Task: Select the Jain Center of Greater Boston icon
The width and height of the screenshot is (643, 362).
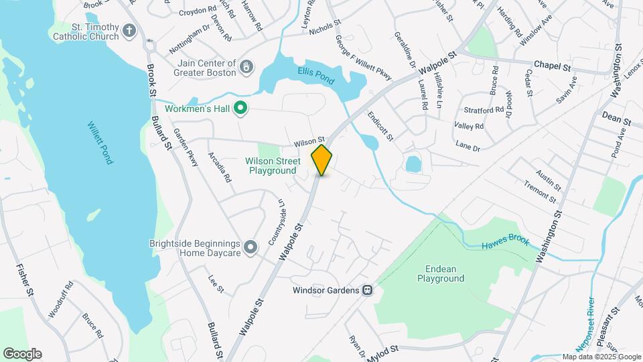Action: coord(247,66)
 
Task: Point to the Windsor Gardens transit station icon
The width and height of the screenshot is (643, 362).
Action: coord(367,290)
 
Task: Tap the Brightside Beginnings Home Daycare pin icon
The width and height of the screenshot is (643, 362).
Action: coord(251,247)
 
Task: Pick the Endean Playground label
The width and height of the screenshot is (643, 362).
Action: coord(440,273)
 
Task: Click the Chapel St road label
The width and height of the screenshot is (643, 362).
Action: coord(552,67)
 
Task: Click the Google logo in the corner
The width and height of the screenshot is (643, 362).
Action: coord(22,353)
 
